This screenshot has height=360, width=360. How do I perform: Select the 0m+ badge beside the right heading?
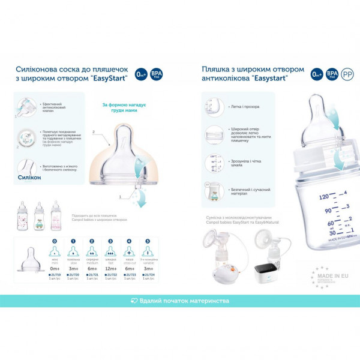pos(317,74)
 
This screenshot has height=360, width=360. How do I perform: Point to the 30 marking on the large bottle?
pos(328,233)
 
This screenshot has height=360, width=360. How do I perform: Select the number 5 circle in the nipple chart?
pos(148,242)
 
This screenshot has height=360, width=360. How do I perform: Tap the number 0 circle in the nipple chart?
pos(55,242)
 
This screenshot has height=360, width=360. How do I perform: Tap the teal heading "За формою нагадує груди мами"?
pos(130,109)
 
